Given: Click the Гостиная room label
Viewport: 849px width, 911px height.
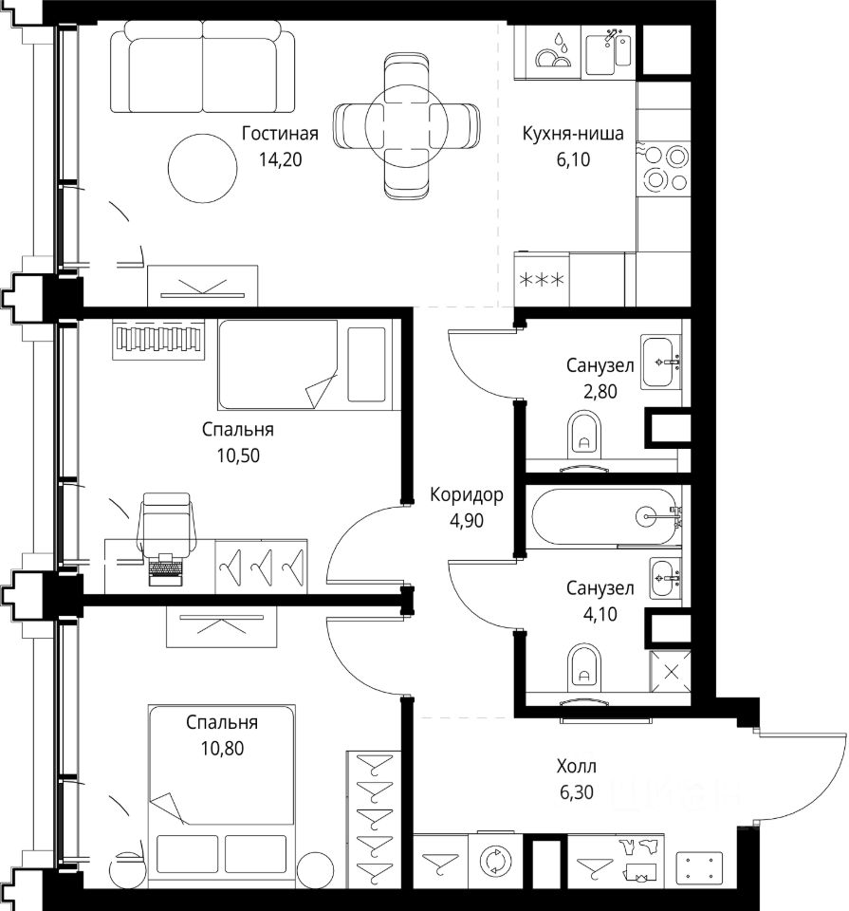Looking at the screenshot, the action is (x=280, y=133).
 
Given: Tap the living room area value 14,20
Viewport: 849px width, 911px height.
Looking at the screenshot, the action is (x=280, y=159).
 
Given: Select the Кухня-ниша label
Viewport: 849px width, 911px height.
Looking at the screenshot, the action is (x=573, y=133).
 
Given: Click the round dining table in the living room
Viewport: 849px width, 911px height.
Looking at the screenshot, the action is (x=407, y=125).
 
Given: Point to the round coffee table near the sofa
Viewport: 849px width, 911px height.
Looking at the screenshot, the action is (x=203, y=169).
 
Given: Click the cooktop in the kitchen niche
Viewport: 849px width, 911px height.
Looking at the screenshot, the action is (x=664, y=169).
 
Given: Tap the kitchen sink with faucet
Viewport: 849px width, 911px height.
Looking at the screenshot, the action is (x=608, y=53).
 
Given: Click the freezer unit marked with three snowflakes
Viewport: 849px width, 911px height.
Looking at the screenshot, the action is (x=542, y=280).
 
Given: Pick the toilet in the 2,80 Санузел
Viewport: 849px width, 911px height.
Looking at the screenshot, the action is (x=584, y=433).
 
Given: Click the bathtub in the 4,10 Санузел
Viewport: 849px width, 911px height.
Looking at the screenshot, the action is (x=604, y=516).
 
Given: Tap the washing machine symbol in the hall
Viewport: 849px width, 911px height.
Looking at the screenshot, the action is (x=495, y=861).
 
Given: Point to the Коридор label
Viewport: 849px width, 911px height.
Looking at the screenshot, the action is (x=467, y=495).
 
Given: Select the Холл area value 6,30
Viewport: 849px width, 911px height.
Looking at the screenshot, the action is (x=577, y=791).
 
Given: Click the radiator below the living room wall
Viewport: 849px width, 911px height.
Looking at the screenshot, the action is (x=158, y=340).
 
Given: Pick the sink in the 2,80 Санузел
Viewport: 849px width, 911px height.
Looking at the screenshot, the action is (x=661, y=362).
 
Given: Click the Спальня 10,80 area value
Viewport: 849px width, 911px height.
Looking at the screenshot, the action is (x=222, y=749).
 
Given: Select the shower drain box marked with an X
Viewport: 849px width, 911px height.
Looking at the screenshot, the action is (x=671, y=672).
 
